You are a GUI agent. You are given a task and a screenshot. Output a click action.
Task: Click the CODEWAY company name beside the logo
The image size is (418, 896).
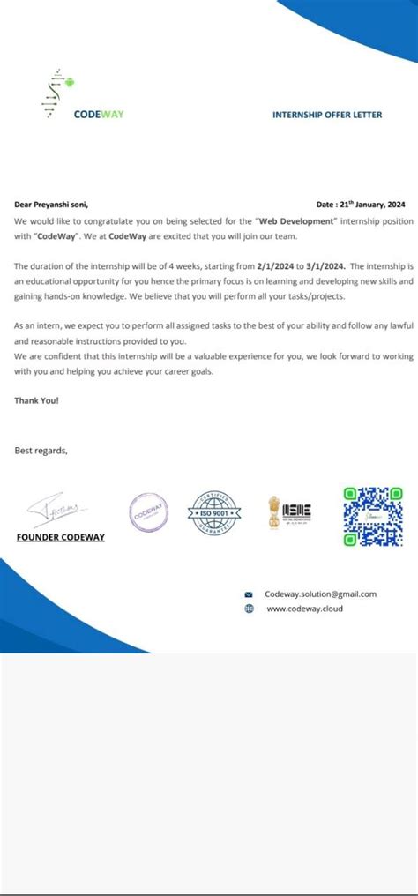[x=99, y=114]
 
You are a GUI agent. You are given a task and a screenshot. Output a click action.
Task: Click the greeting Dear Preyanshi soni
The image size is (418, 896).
[x=51, y=204]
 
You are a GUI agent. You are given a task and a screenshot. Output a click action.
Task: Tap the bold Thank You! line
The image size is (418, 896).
[x=37, y=400]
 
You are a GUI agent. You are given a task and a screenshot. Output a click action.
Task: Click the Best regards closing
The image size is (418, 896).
[x=41, y=451]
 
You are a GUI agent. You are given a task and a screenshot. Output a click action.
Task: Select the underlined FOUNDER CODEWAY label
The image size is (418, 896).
[x=61, y=537]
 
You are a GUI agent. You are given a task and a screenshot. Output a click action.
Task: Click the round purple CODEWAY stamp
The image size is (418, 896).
[x=147, y=510]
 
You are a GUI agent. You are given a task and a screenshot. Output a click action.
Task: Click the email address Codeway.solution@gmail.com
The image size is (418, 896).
[x=320, y=594]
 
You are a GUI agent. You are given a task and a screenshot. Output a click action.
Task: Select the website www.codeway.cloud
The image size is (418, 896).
[x=304, y=609]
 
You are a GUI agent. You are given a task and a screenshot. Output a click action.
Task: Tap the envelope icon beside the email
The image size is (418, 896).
[x=249, y=595]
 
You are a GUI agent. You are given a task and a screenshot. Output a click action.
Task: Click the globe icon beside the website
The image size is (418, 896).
[x=249, y=609]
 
